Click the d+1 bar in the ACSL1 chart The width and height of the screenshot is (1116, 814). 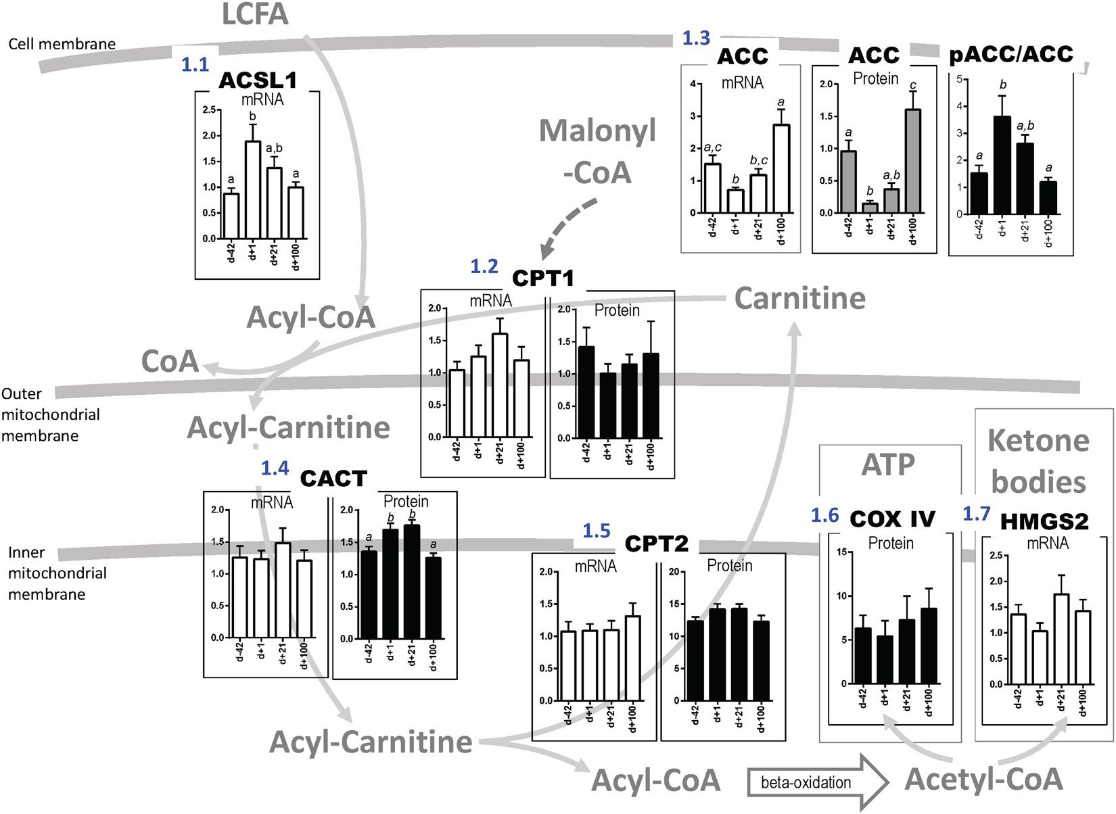pos(252,190)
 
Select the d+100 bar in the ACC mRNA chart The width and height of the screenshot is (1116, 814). pos(781,169)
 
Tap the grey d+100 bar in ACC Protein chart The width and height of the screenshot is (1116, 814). pos(912,162)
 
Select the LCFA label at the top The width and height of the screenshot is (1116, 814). pos(255,14)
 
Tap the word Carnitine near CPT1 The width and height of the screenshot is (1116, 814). pos(799,298)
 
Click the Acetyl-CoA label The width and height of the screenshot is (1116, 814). pos(984,779)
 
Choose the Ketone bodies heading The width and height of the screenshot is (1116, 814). pos(1038,461)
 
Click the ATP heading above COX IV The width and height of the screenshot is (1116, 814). pos(888,464)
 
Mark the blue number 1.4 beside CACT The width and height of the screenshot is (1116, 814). pos(275,468)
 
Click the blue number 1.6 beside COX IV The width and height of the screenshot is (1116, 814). pos(824,516)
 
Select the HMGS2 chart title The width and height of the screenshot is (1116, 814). pos(1044,521)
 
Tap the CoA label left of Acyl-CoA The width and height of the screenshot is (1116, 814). pos(170,362)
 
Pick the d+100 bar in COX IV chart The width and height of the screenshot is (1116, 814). pos(929,646)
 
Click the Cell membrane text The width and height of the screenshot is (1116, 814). pos(62,44)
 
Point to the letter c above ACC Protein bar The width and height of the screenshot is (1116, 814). pos(913,86)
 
